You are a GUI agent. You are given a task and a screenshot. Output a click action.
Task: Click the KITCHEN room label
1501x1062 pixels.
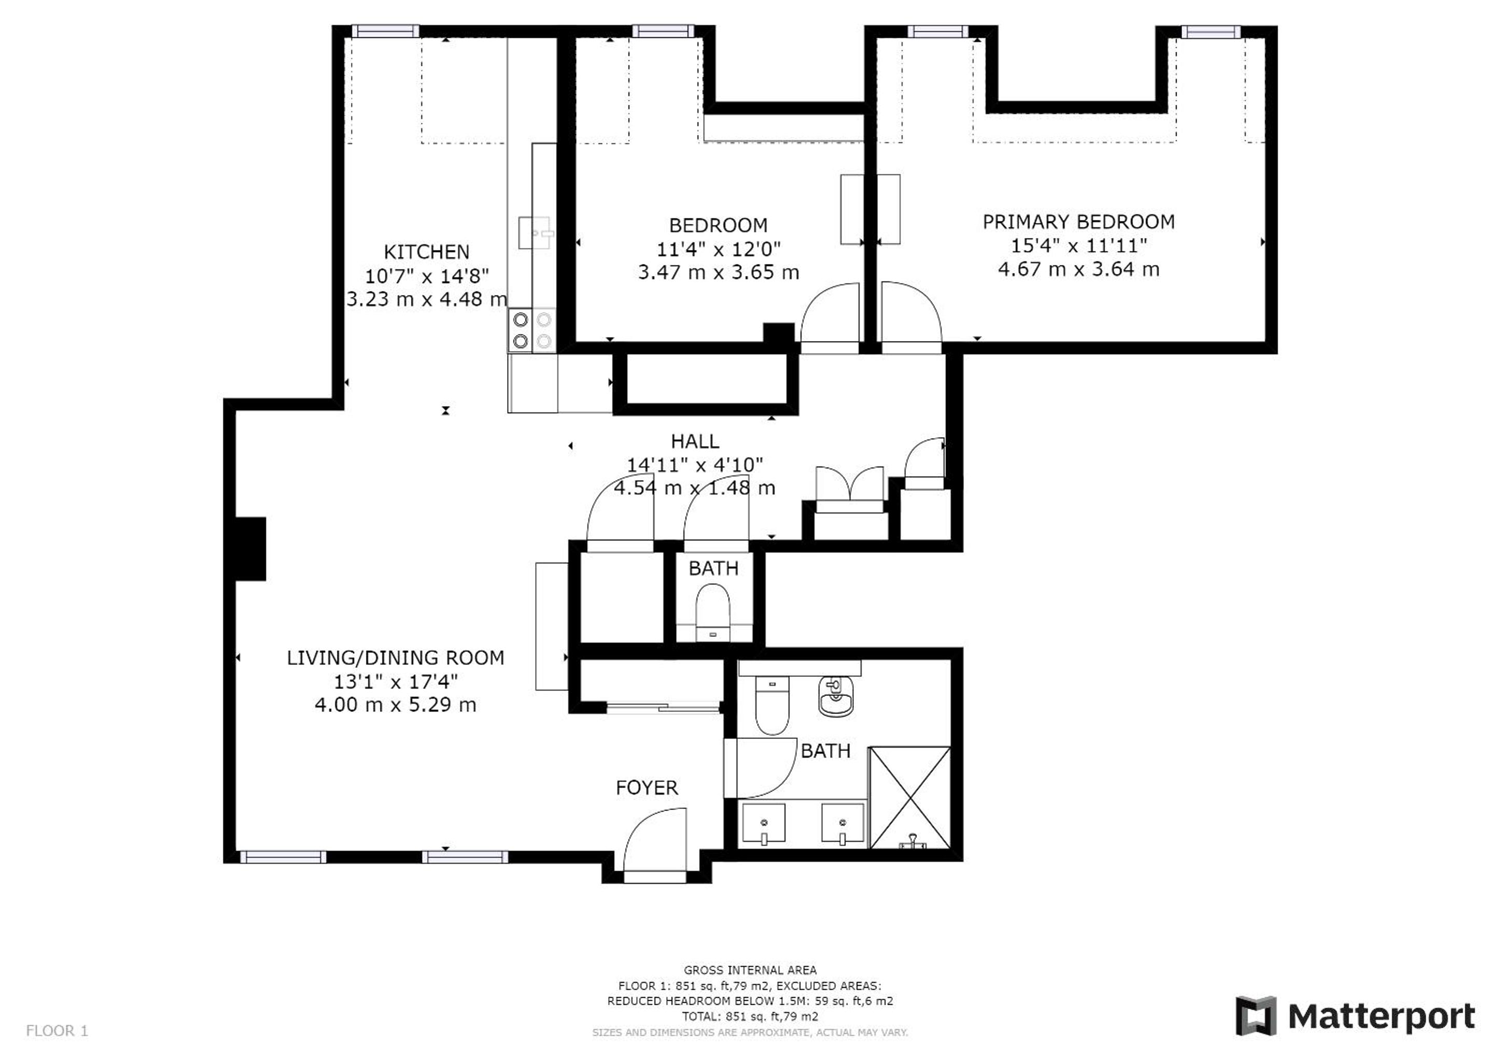(426, 252)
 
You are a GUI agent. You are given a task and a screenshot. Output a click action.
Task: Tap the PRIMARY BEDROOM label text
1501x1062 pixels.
(1078, 222)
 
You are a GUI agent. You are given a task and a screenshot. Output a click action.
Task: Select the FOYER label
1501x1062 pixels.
(647, 787)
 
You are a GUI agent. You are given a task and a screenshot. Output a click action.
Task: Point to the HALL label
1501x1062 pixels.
(695, 441)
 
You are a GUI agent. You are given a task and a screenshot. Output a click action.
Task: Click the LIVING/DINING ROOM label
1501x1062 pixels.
(396, 658)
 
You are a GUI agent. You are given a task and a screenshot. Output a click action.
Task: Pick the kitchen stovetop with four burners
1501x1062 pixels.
(532, 330)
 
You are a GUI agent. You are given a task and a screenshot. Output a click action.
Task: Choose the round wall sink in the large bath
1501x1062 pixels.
(835, 696)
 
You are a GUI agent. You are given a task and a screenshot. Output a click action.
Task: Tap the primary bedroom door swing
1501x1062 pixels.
(911, 311)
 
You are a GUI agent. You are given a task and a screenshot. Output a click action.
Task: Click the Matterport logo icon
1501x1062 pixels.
(1255, 1015)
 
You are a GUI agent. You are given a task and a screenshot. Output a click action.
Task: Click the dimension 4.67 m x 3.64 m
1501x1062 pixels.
(1078, 269)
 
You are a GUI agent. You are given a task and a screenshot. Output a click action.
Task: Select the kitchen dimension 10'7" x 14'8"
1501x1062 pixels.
(426, 276)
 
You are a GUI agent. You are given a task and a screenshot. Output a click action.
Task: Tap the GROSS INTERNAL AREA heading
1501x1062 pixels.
(750, 970)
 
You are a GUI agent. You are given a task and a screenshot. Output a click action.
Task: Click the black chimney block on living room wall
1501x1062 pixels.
(250, 549)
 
